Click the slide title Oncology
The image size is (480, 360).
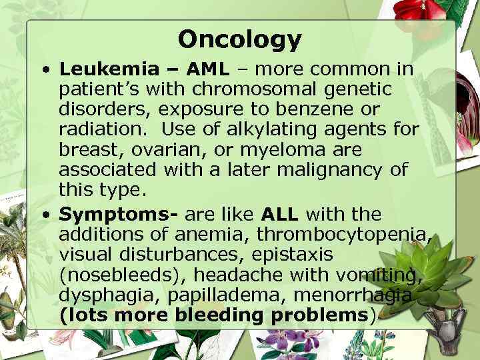pyautogui.click(x=239, y=39)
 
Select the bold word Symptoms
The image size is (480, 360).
pyautogui.click(x=119, y=215)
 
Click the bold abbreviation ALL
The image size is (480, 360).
pyautogui.click(x=281, y=215)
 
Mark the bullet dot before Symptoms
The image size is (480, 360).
pyautogui.click(x=45, y=215)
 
